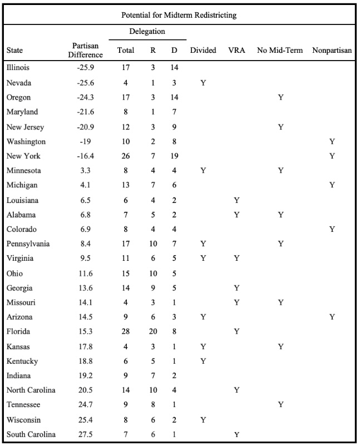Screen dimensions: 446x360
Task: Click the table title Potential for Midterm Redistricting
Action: point(180,15)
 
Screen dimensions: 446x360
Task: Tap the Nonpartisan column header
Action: point(332,51)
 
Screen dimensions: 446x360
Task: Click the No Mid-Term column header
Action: point(280,51)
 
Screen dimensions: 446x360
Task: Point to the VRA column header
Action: point(236,51)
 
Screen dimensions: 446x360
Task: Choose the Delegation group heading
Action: point(147,32)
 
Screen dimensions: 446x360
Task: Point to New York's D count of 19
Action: point(174,156)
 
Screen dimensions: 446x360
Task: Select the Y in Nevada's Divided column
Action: point(203,82)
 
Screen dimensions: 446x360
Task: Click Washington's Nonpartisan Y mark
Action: point(332,141)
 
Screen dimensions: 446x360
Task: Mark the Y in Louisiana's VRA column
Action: point(236,200)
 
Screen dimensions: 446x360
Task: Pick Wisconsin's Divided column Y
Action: point(203,419)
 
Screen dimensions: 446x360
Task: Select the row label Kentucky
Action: point(22,361)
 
